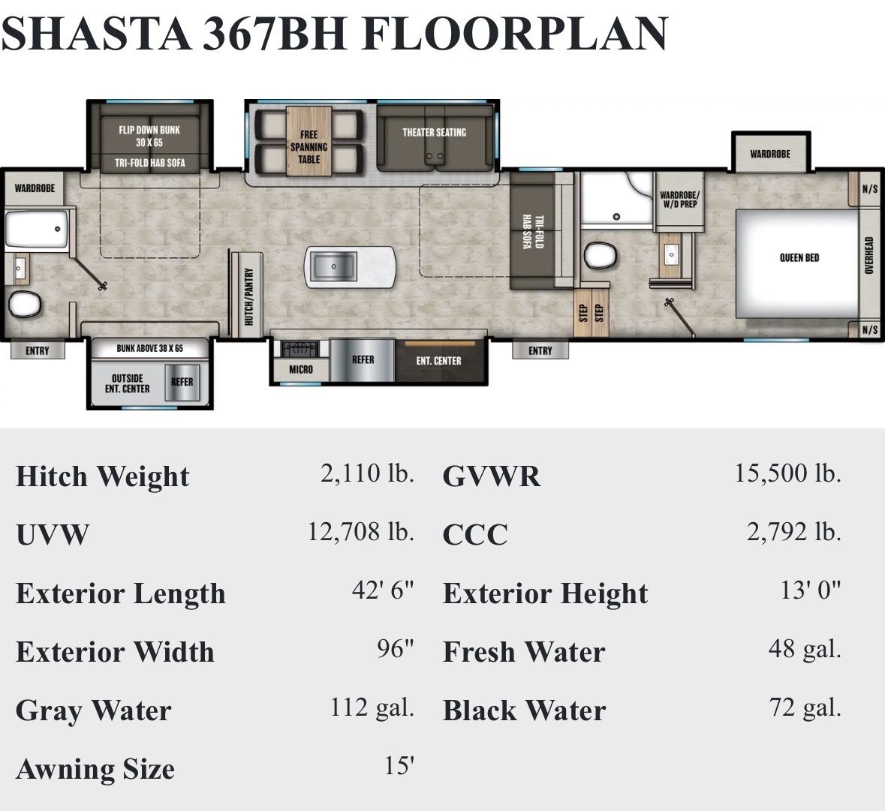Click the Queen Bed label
coord(799,258)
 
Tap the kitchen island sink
coord(334,266)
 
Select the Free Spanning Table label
coord(309,147)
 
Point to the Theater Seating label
coord(434,133)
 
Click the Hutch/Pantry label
coord(248,296)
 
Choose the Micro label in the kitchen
coord(301,369)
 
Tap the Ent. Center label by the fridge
coord(438,361)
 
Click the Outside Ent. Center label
coord(127,383)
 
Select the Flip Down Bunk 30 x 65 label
coord(149,136)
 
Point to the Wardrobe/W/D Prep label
coord(679,200)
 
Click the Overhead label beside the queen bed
coord(869,255)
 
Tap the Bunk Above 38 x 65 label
coord(149,349)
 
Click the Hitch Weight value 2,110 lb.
coord(367,473)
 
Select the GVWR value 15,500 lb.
coord(788,473)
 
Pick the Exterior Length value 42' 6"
coord(384,590)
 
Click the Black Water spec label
coord(525,710)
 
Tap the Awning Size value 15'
coord(399,766)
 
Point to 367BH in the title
coord(274,34)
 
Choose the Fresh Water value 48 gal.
coord(805,649)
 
